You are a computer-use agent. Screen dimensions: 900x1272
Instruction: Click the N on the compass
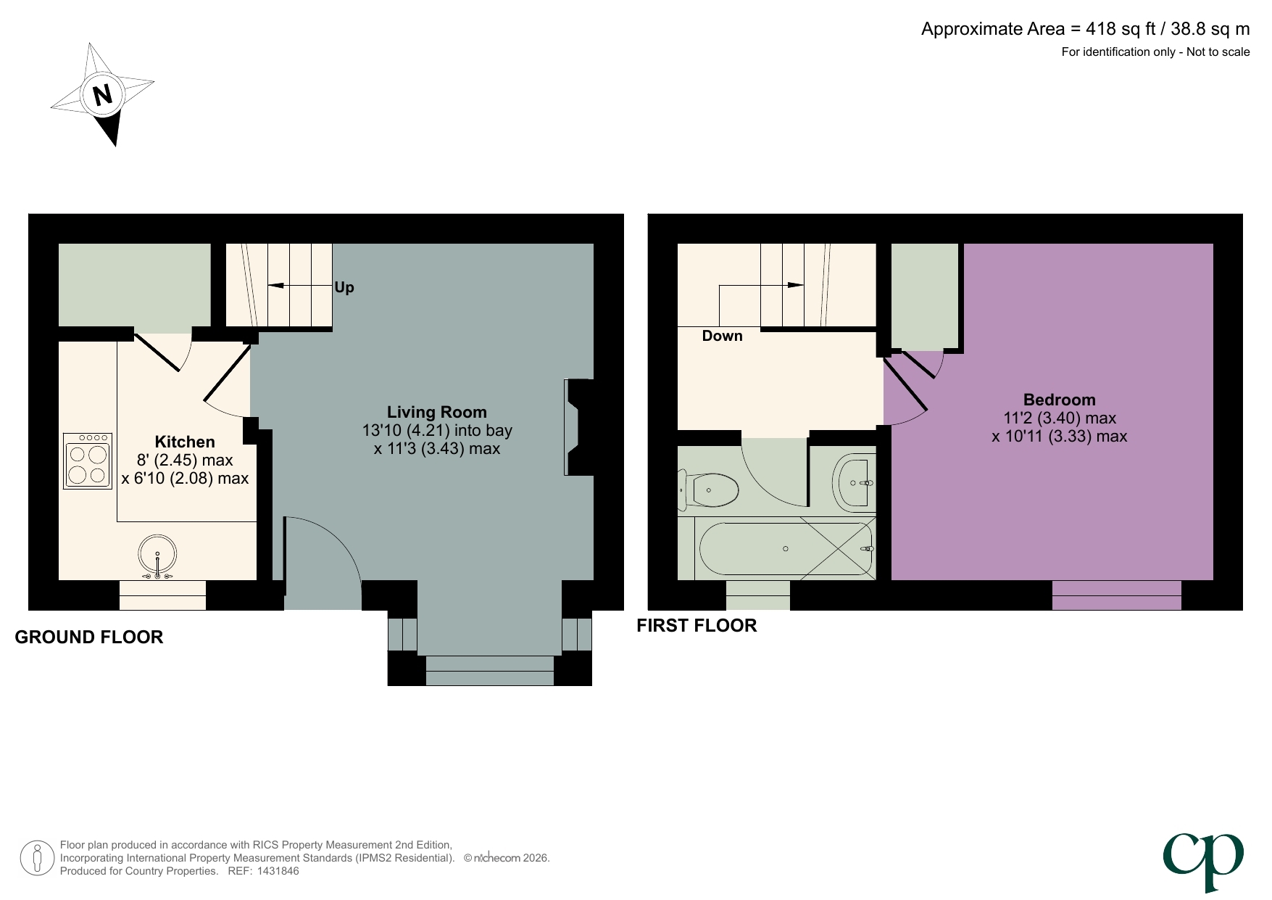[103, 94]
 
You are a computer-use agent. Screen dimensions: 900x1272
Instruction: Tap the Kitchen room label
[185, 442]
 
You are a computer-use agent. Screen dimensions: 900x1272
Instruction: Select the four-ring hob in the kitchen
[88, 462]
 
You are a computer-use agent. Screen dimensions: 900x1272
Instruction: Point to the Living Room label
[436, 412]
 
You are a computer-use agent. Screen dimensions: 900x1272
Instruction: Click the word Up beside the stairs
[344, 287]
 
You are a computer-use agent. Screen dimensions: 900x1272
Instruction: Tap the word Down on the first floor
[722, 336]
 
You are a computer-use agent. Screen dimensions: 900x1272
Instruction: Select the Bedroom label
[1059, 400]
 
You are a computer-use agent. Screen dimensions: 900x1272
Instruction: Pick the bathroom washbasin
[856, 482]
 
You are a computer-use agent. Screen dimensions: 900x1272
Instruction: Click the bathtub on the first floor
[785, 549]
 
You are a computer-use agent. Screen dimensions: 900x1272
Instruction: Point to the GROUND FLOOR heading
[89, 637]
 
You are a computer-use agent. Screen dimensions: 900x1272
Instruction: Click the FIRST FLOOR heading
[697, 625]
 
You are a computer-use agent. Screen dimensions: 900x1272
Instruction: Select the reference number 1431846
[275, 871]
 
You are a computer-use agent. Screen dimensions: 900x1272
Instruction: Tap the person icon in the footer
[37, 858]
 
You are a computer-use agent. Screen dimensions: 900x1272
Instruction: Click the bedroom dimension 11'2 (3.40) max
[1059, 418]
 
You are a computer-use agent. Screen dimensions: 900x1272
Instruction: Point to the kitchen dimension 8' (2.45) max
[185, 460]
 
